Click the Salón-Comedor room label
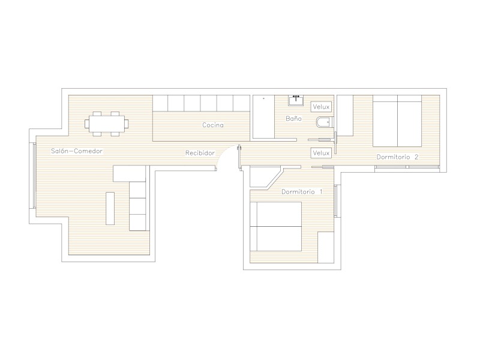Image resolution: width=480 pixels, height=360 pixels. tap(77, 151)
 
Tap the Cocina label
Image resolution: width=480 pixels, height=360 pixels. tap(213, 125)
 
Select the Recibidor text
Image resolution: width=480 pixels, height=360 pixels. tap(200, 153)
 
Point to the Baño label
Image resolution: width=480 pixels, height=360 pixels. tap(293, 118)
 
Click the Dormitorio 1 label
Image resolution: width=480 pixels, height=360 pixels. tap(302, 191)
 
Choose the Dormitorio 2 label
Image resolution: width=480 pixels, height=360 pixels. tap(397, 157)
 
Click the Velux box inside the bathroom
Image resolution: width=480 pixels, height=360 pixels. tap(321, 107)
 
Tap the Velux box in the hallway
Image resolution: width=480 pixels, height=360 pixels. tap(321, 153)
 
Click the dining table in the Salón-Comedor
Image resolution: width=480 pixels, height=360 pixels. tap(107, 124)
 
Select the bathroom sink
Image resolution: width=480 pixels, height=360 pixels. tap(296, 100)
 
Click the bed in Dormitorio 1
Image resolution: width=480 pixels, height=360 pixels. tap(276, 226)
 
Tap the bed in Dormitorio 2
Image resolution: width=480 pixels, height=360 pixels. tap(397, 121)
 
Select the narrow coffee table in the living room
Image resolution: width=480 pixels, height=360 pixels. tap(110, 208)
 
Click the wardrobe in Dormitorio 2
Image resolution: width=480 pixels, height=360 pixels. tap(346, 115)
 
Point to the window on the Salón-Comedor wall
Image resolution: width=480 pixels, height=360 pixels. tap(35, 175)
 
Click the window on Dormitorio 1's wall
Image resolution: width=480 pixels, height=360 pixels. tap(336, 200)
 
